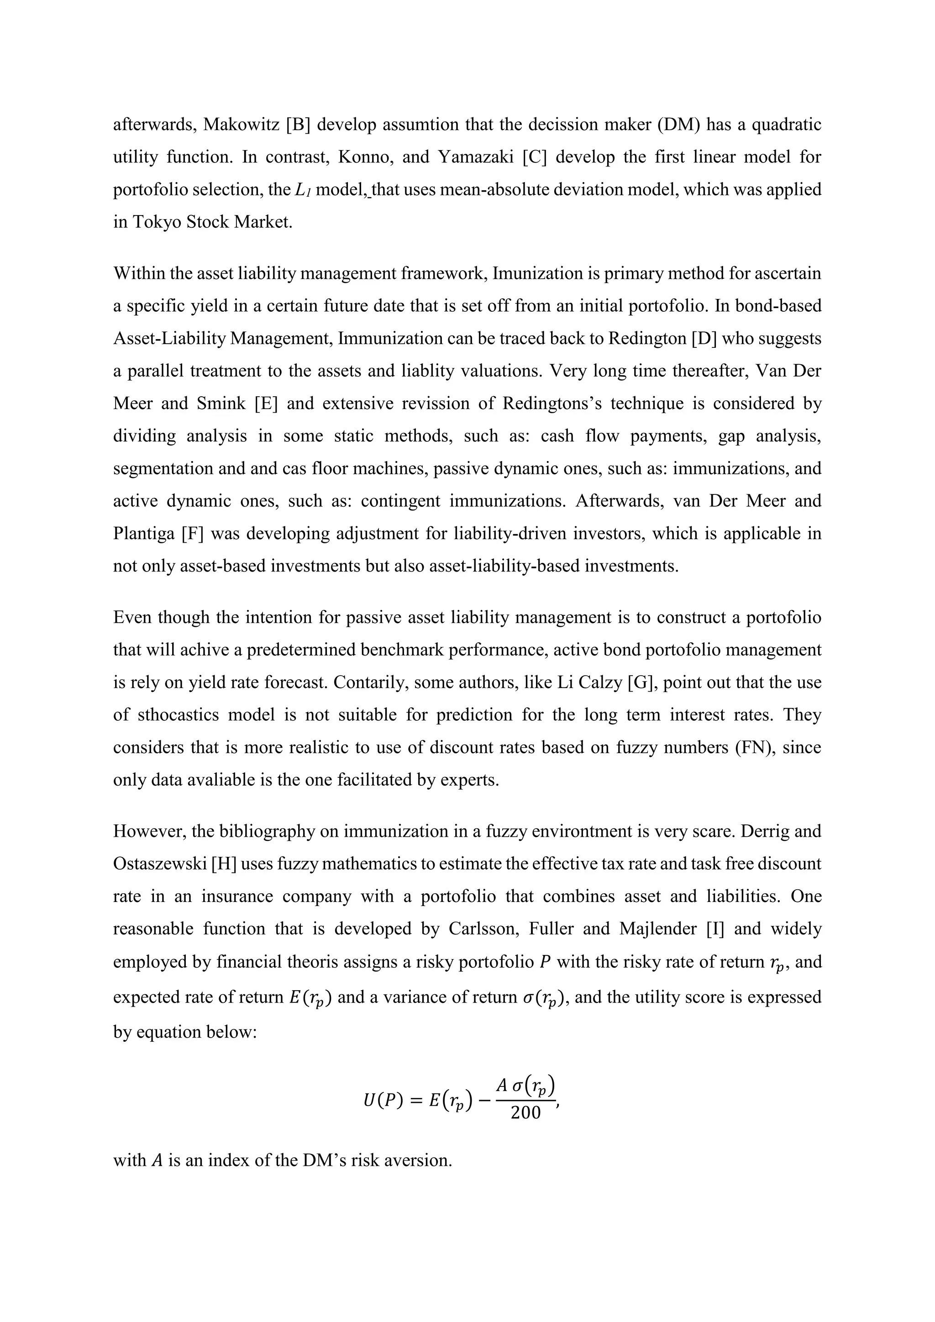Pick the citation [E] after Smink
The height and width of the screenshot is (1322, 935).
pyautogui.click(x=266, y=403)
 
